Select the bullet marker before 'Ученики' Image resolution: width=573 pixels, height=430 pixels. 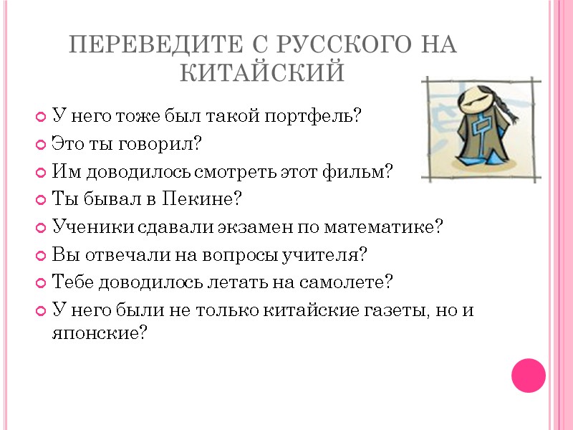[x=40, y=228]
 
